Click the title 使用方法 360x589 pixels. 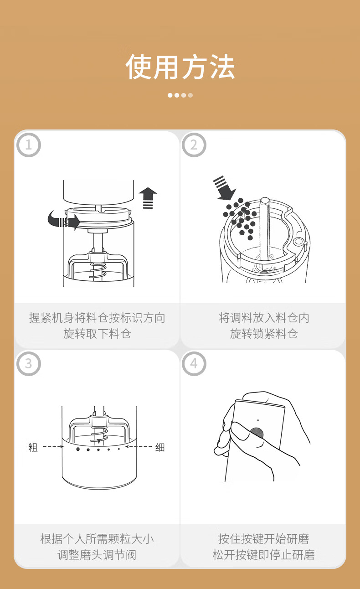pyautogui.click(x=180, y=67)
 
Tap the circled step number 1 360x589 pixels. pyautogui.click(x=28, y=145)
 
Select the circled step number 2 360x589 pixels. pyautogui.click(x=194, y=145)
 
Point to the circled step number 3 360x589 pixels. pyautogui.click(x=28, y=364)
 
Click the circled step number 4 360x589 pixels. pyautogui.click(x=194, y=364)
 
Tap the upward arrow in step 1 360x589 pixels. pyautogui.click(x=148, y=198)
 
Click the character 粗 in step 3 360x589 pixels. pyautogui.click(x=33, y=447)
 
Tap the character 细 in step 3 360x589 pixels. pyautogui.click(x=160, y=447)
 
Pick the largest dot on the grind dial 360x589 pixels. pyautogui.click(x=78, y=449)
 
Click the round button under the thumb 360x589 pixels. pyautogui.click(x=257, y=433)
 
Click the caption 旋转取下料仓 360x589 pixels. pyautogui.click(x=97, y=334)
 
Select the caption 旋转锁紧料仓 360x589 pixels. pyautogui.click(x=263, y=334)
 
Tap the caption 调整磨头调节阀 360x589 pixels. pyautogui.click(x=97, y=555)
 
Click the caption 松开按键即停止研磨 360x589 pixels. pyautogui.click(x=263, y=555)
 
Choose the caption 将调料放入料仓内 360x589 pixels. pyautogui.click(x=263, y=318)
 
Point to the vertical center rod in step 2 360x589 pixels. pyautogui.click(x=265, y=229)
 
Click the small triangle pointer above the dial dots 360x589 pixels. pyautogui.click(x=99, y=441)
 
